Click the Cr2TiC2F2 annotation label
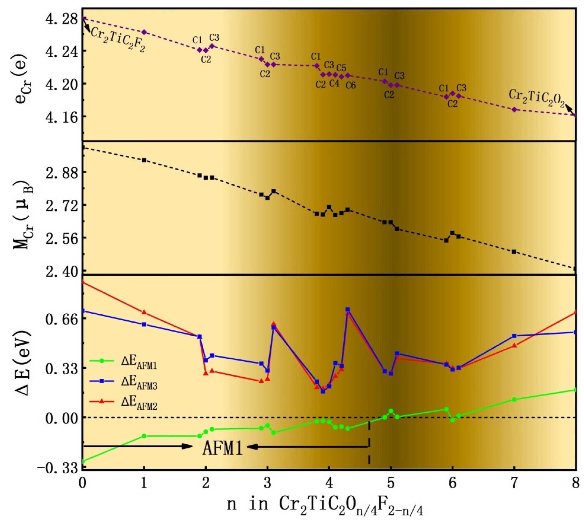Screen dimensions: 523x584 pos(118,40)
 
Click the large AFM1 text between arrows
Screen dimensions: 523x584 pos(223,448)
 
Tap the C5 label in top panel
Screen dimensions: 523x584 pos(341,68)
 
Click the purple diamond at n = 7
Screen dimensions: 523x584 pos(514,109)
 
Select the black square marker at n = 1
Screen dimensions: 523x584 pos(144,160)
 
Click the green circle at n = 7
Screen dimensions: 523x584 pos(514,399)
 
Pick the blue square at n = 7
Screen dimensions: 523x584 pos(514,336)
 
